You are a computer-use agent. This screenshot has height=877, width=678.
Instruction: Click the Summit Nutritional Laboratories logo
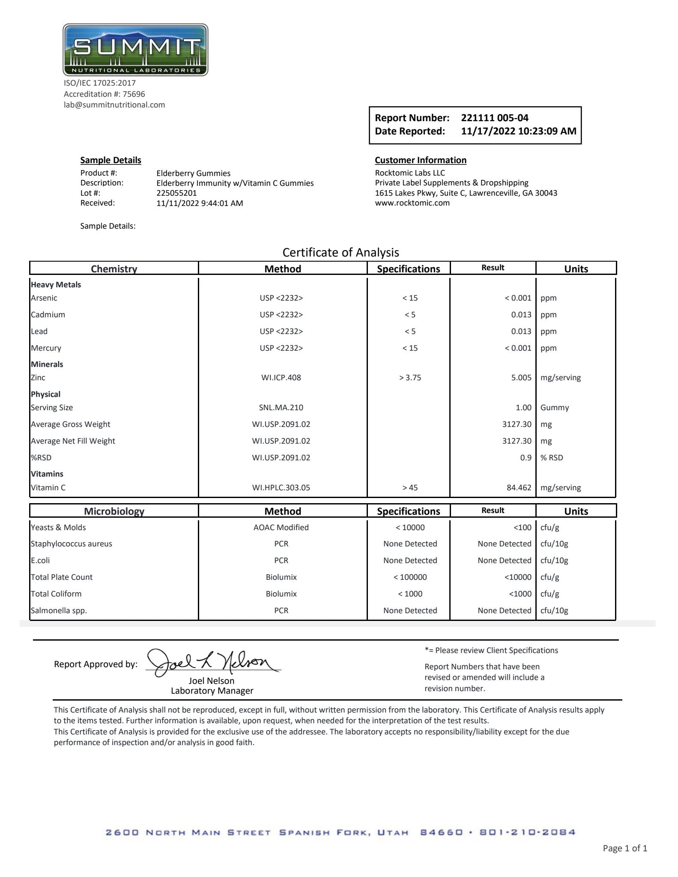coord(135,50)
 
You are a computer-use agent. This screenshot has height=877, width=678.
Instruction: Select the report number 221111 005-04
coord(495,118)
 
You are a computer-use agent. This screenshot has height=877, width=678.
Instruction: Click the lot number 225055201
coord(176,193)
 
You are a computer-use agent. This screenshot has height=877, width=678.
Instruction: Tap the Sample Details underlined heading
coord(111,160)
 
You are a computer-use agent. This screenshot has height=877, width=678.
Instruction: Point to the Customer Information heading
coord(421,160)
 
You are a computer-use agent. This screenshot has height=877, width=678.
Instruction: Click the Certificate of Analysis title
coord(340,252)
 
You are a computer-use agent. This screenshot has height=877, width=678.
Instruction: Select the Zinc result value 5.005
coord(521,378)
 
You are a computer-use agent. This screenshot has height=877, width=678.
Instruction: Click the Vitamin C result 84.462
coord(519,488)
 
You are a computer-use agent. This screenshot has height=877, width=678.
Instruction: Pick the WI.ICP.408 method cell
coord(281,378)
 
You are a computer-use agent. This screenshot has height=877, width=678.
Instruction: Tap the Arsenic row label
coord(44,298)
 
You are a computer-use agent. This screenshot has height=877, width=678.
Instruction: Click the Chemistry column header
coord(114,268)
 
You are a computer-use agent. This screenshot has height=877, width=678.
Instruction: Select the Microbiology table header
coord(114,511)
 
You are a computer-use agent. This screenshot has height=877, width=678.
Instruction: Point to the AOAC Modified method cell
coord(281,528)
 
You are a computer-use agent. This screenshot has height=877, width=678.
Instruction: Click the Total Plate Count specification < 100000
coord(410,577)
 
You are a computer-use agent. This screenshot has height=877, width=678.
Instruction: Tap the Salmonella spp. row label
coord(59,611)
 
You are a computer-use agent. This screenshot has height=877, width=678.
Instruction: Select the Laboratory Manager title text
coord(212,691)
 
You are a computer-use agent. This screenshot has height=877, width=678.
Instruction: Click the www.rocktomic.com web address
coord(412,203)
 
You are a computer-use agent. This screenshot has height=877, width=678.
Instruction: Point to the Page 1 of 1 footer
coord(625,848)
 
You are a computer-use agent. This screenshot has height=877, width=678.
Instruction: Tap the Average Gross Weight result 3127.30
coord(517,424)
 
